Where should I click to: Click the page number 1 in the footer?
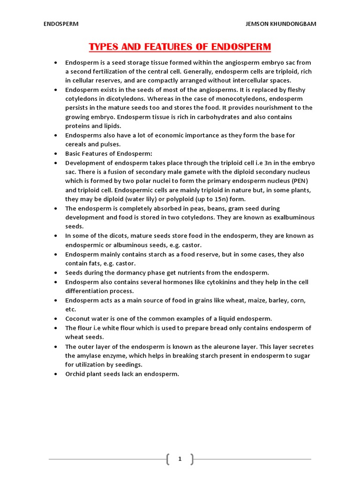180,459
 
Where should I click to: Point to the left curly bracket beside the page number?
168,459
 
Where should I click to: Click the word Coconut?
78,318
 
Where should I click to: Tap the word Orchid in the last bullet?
76,374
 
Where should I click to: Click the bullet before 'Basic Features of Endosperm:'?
56,153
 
